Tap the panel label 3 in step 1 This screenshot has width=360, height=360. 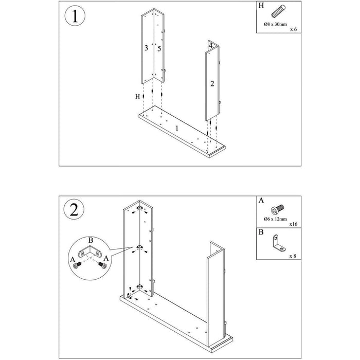(x=147, y=48)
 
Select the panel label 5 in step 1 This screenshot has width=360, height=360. (x=159, y=48)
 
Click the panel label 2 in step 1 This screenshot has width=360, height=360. (x=212, y=83)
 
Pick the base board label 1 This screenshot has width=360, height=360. (x=177, y=129)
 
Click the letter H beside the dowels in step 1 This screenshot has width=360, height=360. (x=137, y=96)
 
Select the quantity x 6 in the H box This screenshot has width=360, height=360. (x=294, y=30)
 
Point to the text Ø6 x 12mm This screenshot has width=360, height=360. (x=275, y=220)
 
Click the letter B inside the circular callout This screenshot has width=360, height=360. (x=91, y=240)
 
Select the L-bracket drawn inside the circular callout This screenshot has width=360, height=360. (x=91, y=251)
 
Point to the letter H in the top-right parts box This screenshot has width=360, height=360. (x=261, y=6)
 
